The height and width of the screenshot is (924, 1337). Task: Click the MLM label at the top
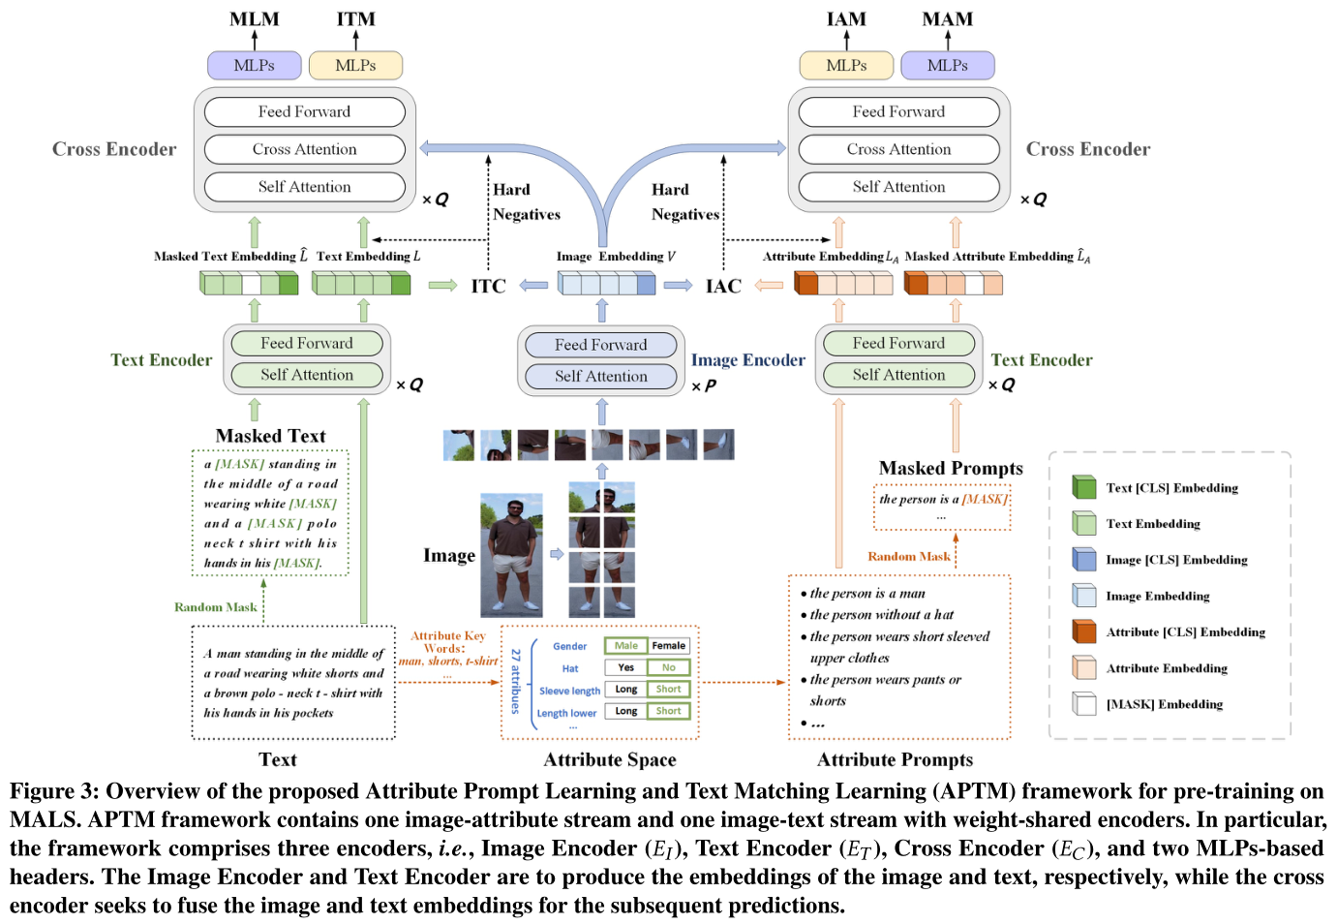click(x=255, y=19)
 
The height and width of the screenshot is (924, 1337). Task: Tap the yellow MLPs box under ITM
click(x=355, y=65)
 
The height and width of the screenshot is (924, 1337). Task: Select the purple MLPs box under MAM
click(x=947, y=65)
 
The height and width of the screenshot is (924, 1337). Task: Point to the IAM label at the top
click(x=846, y=19)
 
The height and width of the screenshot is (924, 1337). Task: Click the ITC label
click(x=488, y=286)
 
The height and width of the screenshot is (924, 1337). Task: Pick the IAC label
click(x=723, y=286)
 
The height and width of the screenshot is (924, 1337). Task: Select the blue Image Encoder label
click(x=747, y=360)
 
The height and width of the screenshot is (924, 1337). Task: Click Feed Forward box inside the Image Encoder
click(x=600, y=345)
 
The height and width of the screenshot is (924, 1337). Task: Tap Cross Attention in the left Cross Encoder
click(x=304, y=149)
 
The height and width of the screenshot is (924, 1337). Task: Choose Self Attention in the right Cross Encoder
click(x=898, y=187)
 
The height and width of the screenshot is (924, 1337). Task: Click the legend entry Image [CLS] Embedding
click(x=1175, y=560)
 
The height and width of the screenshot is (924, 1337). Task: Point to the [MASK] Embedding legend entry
click(x=1164, y=704)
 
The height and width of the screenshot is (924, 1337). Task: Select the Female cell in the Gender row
click(x=668, y=646)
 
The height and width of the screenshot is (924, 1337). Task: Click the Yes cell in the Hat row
click(x=625, y=667)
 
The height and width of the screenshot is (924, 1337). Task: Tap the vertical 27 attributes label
click(x=516, y=681)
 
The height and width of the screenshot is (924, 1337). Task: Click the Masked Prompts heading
click(x=950, y=468)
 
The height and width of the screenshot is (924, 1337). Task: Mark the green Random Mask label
click(x=215, y=607)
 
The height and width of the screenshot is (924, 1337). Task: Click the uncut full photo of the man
click(x=511, y=555)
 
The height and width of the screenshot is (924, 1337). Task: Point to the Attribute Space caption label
click(x=609, y=759)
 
